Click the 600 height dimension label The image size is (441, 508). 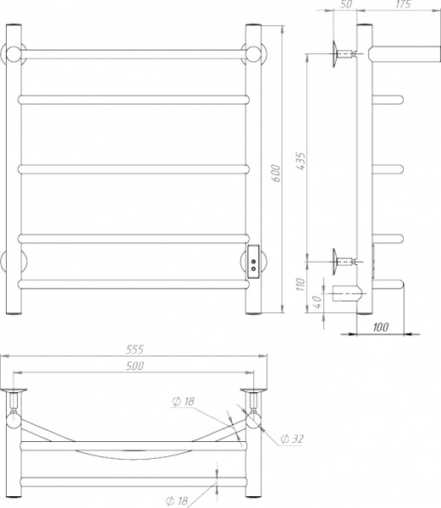tap(275, 174)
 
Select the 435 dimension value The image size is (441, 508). tap(300, 162)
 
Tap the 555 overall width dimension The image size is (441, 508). tap(135, 350)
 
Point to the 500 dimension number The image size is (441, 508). tap(135, 366)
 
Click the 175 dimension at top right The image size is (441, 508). tap(403, 4)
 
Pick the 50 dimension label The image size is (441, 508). tap(346, 4)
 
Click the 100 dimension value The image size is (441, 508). tap(380, 327)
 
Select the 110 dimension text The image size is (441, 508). tap(300, 284)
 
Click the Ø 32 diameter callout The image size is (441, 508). tap(292, 439)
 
